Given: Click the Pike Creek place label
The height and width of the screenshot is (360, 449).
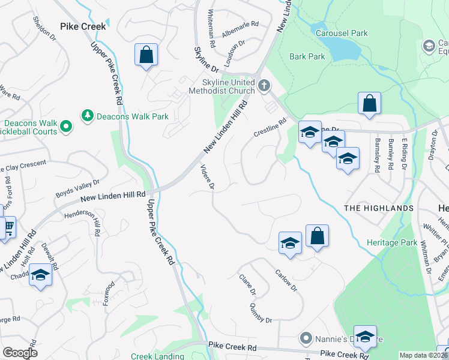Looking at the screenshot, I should pyautogui.click(x=83, y=26).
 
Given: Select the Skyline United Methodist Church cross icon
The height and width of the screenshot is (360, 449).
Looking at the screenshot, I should pyautogui.click(x=264, y=86).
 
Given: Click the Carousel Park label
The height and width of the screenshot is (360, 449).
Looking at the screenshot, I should pyautogui.click(x=342, y=34).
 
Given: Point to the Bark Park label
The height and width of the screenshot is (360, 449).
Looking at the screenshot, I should pyautogui.click(x=307, y=57).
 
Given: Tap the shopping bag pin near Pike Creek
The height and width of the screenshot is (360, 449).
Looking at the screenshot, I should pyautogui.click(x=146, y=55).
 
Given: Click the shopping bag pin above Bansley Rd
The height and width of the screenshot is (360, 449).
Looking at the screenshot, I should pyautogui.click(x=369, y=103).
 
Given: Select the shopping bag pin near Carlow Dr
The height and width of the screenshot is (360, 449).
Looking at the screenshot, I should pyautogui.click(x=317, y=236).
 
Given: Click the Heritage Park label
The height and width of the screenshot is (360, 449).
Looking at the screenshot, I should pyautogui.click(x=391, y=243).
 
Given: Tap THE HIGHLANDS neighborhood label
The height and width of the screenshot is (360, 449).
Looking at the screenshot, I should pyautogui.click(x=378, y=208).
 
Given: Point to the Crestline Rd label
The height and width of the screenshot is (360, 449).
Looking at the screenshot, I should pyautogui.click(x=270, y=129).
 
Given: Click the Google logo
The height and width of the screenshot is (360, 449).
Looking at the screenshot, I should pyautogui.click(x=19, y=353).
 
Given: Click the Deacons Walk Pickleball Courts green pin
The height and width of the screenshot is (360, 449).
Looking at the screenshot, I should pyautogui.click(x=66, y=127).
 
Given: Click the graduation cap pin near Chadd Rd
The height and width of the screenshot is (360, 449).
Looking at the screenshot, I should pyautogui.click(x=40, y=275).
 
